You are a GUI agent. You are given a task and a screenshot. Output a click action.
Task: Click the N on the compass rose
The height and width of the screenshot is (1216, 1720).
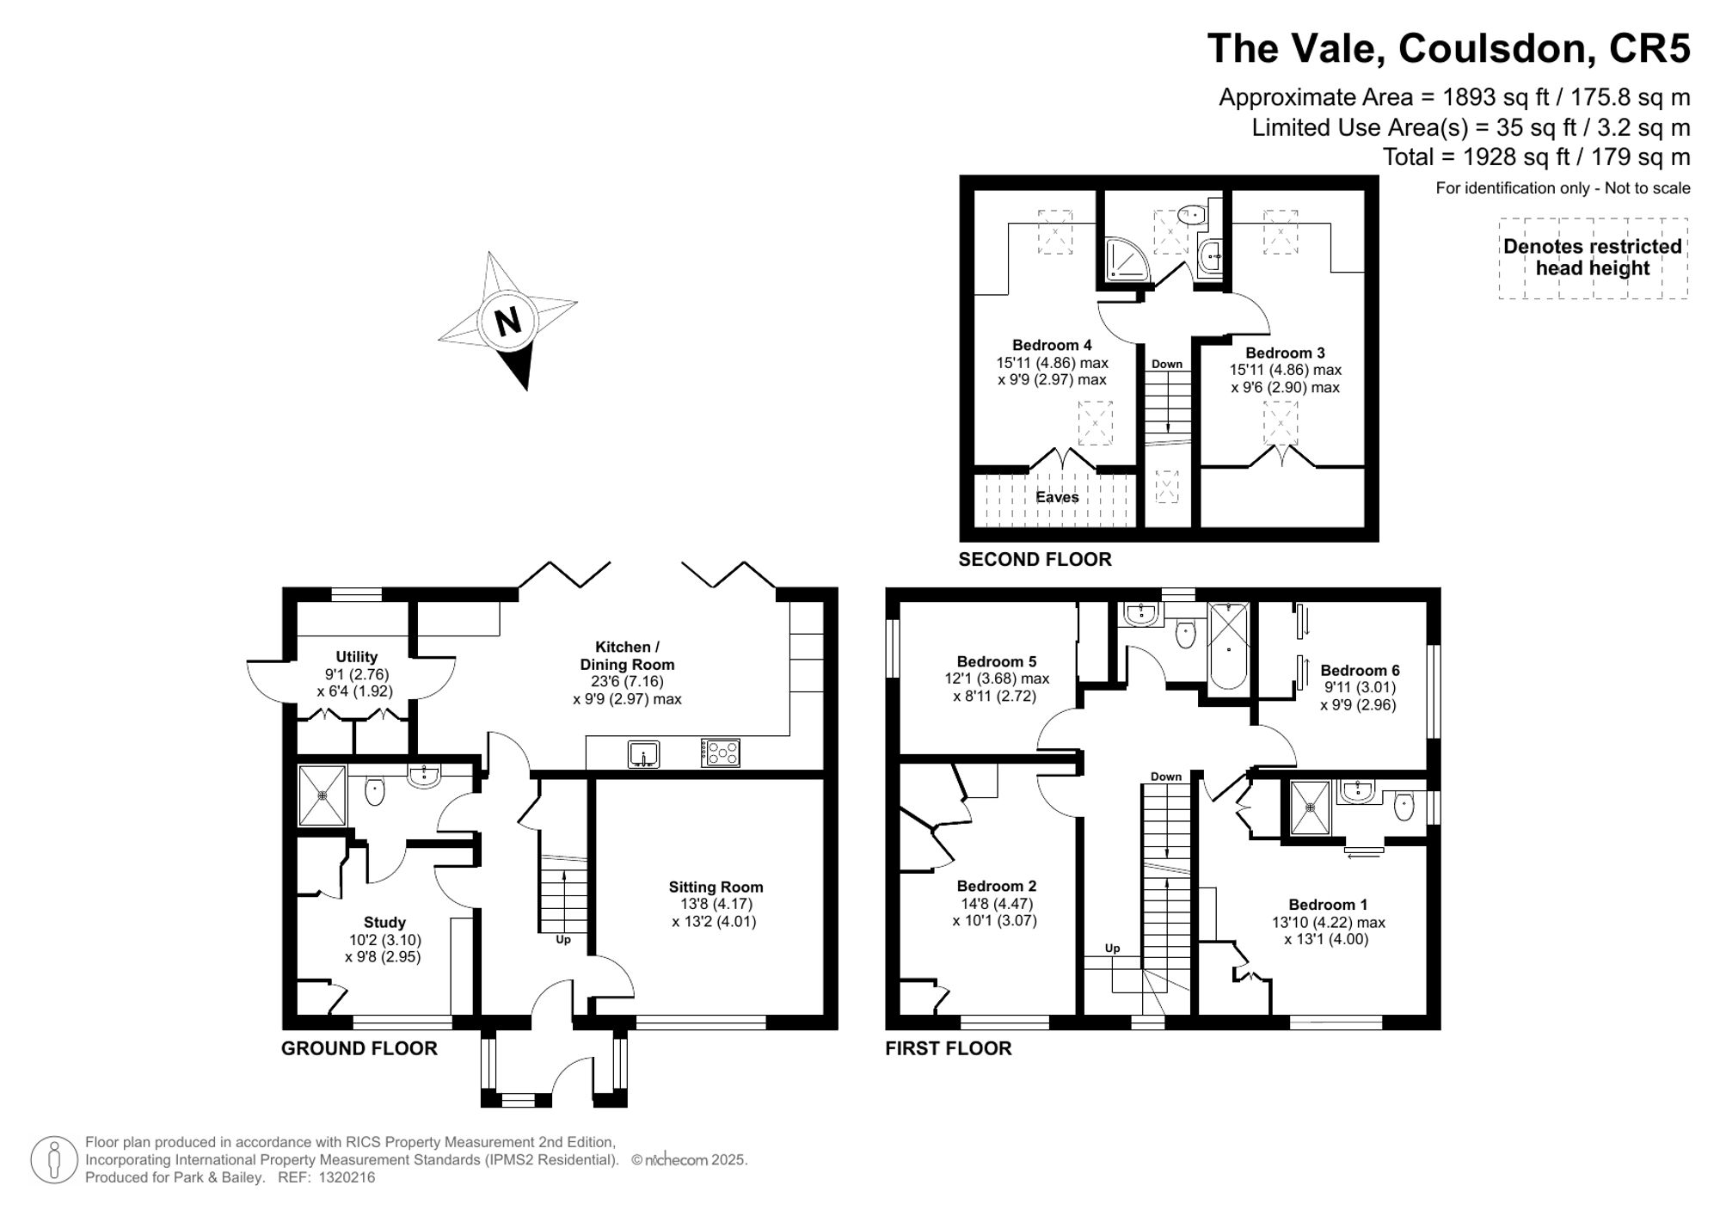pyautogui.click(x=508, y=321)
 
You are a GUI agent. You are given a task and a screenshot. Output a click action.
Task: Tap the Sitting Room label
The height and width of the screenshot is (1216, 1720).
pyautogui.click(x=716, y=887)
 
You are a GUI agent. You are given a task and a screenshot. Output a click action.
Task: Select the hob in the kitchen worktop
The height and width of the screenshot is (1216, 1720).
pyautogui.click(x=720, y=752)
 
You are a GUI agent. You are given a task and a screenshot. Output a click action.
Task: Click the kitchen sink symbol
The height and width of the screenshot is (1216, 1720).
pyautogui.click(x=643, y=753)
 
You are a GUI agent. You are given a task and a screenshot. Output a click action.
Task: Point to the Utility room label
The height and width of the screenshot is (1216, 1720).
pyautogui.click(x=356, y=656)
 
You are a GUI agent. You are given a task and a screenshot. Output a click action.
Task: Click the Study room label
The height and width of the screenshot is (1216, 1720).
pyautogui.click(x=384, y=922)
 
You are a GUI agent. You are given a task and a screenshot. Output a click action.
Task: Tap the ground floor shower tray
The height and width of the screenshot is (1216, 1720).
pyautogui.click(x=322, y=795)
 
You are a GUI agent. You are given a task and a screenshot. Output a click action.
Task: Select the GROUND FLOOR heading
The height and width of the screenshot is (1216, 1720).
pyautogui.click(x=359, y=1048)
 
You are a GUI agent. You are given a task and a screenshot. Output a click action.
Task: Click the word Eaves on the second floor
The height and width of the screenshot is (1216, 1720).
pyautogui.click(x=1057, y=497)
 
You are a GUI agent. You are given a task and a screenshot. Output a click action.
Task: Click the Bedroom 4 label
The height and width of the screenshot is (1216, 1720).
pyautogui.click(x=1052, y=345)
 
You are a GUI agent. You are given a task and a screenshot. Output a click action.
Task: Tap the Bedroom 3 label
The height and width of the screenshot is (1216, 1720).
pyautogui.click(x=1285, y=353)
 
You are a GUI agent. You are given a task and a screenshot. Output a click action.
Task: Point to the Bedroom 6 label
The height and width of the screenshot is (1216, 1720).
pyautogui.click(x=1360, y=670)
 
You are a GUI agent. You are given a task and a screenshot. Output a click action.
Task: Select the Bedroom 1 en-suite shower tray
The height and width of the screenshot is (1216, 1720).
pyautogui.click(x=1310, y=808)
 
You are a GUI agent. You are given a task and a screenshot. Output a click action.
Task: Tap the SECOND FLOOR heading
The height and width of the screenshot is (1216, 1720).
pyautogui.click(x=1035, y=559)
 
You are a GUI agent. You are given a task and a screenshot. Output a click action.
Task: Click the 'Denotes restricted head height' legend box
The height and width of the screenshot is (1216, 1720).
pyautogui.click(x=1593, y=257)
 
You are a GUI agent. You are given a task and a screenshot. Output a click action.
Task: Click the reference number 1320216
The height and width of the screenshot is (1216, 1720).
pyautogui.click(x=347, y=1177)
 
